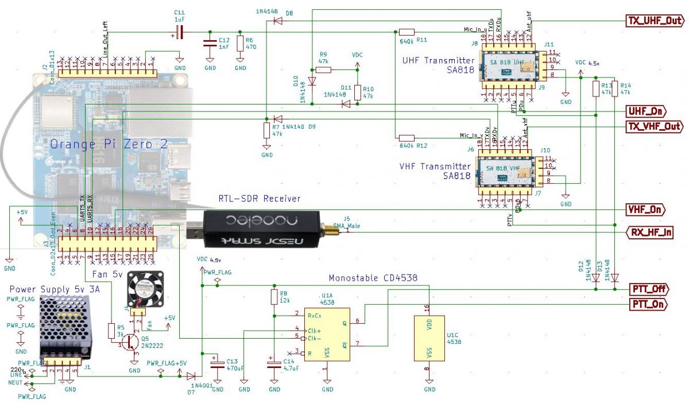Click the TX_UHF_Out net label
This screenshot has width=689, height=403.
click(654, 21)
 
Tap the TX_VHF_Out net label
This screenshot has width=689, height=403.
click(654, 126)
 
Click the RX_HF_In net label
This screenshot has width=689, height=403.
click(649, 232)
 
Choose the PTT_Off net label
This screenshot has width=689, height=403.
click(649, 289)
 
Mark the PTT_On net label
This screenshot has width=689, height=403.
click(649, 304)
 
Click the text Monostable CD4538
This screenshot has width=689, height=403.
click(373, 277)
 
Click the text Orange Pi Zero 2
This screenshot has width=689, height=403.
click(109, 144)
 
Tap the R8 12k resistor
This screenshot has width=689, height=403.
click(274, 297)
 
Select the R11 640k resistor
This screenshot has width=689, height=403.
click(407, 32)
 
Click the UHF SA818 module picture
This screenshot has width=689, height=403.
click(508, 65)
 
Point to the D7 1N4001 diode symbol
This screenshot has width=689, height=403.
click(191, 375)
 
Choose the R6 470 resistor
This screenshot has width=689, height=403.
click(241, 44)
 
